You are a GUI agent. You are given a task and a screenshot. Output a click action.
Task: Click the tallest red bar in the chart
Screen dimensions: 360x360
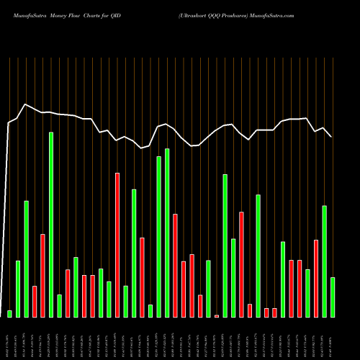[117, 245]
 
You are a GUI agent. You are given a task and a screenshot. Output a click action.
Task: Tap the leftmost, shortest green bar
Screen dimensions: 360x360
[10, 314]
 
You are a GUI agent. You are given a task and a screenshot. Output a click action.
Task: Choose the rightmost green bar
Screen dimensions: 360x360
[333, 297]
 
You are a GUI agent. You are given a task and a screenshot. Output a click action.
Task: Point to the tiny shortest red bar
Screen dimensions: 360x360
[217, 316]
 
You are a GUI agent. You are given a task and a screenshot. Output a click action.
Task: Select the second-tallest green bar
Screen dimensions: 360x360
[167, 233]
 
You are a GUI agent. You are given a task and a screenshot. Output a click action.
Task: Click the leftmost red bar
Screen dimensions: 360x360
[35, 301]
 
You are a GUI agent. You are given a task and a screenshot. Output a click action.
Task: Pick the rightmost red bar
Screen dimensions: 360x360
[316, 278]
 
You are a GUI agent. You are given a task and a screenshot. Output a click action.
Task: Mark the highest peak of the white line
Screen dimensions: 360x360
[26, 104]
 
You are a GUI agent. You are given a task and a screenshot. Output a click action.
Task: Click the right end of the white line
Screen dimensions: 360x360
[331, 136]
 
